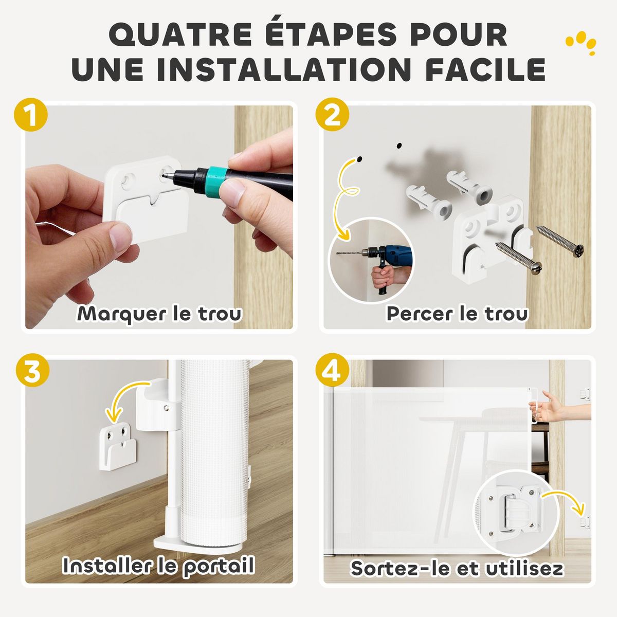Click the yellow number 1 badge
(31, 116)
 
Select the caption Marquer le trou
(159, 314)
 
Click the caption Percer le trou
(457, 313)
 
